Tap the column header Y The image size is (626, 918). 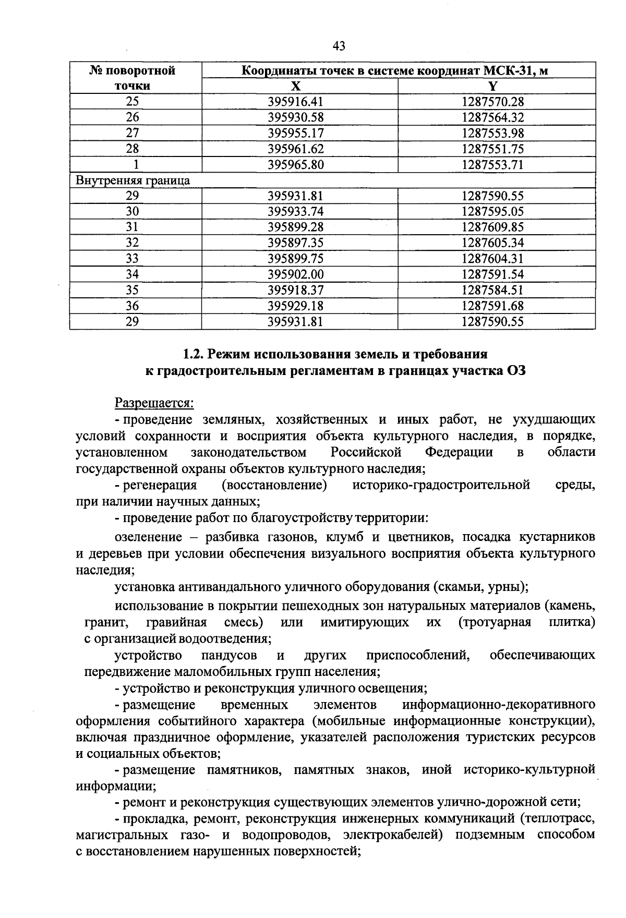click(x=492, y=86)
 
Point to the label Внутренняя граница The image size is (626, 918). click(x=133, y=180)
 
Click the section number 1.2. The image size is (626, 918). click(x=194, y=354)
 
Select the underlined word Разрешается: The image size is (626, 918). click(x=154, y=403)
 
